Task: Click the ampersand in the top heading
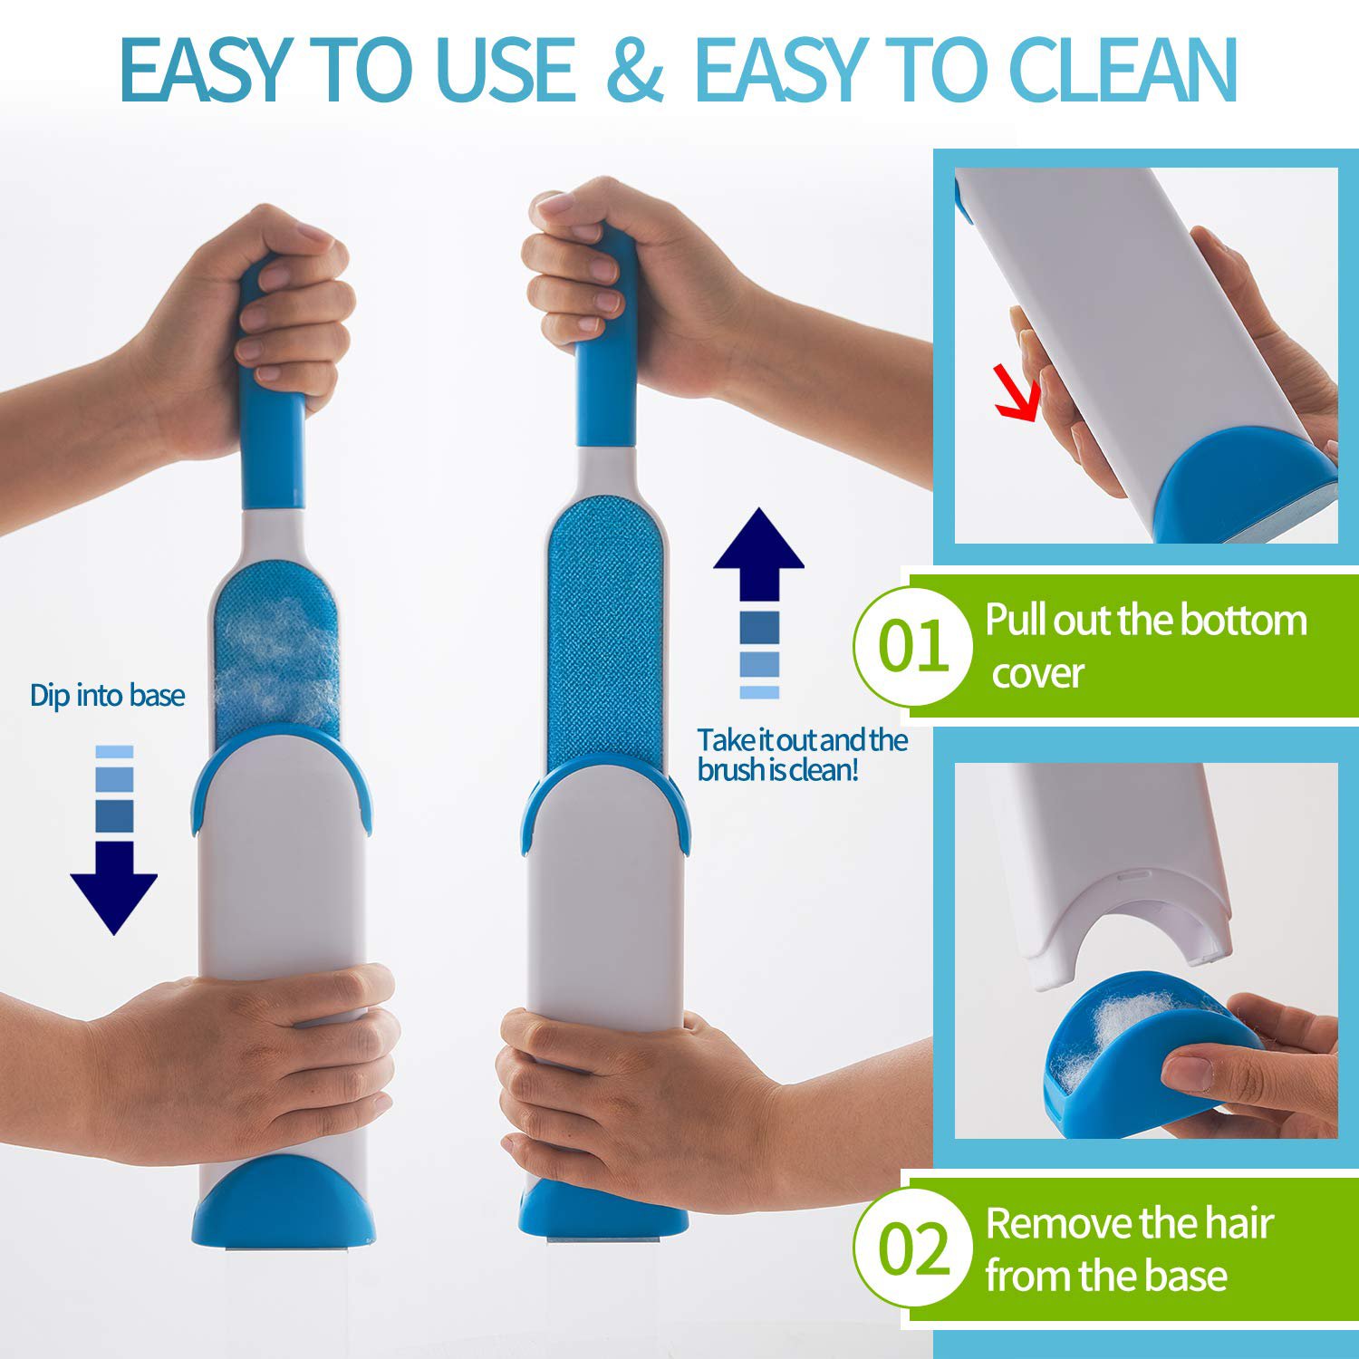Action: point(635,70)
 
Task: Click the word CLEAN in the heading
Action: point(1123,70)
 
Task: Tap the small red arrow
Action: point(1017,391)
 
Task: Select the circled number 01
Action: point(913,646)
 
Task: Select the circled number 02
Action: point(913,1248)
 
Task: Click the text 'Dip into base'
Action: point(108,696)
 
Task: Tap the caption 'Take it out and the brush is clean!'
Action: point(802,755)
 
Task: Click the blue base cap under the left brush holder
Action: point(283,1200)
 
